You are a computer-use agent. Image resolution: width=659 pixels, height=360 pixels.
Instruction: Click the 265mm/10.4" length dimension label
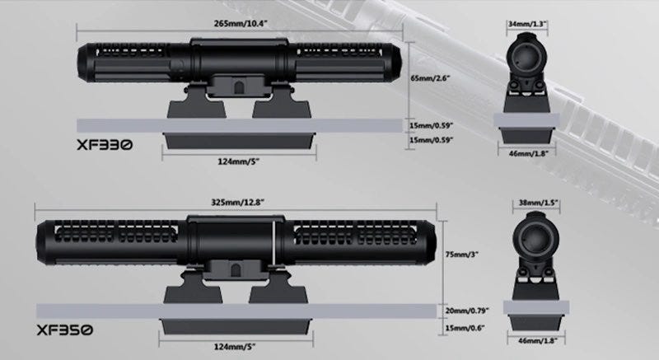(x=241, y=23)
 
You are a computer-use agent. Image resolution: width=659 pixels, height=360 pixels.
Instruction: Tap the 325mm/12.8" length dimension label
(x=237, y=202)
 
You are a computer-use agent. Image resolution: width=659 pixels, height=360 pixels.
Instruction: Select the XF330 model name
(x=105, y=144)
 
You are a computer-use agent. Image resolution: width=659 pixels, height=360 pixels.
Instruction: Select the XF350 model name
(x=64, y=330)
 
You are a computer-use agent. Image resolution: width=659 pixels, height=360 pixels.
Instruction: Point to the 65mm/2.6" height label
(x=431, y=78)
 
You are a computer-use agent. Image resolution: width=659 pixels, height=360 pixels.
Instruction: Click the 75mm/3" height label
(x=462, y=255)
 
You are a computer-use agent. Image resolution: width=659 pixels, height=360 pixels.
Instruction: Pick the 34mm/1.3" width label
(x=527, y=24)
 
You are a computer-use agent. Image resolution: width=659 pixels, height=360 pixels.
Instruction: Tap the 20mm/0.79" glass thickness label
(x=467, y=311)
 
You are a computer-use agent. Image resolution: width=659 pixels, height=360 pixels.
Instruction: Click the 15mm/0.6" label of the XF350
(x=465, y=328)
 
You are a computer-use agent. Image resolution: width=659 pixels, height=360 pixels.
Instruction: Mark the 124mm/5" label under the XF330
(x=238, y=161)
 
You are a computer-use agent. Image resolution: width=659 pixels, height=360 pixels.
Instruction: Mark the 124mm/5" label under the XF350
(x=235, y=347)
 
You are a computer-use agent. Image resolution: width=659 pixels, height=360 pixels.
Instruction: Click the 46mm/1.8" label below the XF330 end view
(x=529, y=154)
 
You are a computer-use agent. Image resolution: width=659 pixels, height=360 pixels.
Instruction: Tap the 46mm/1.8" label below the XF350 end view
(x=538, y=341)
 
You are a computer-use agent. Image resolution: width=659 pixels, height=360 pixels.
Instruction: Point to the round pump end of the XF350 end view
(x=535, y=236)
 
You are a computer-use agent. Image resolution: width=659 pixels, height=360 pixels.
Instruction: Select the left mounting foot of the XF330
(x=196, y=102)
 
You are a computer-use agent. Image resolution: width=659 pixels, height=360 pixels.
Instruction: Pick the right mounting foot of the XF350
(x=278, y=288)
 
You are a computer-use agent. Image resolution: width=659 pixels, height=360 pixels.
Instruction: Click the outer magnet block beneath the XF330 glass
(x=239, y=141)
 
